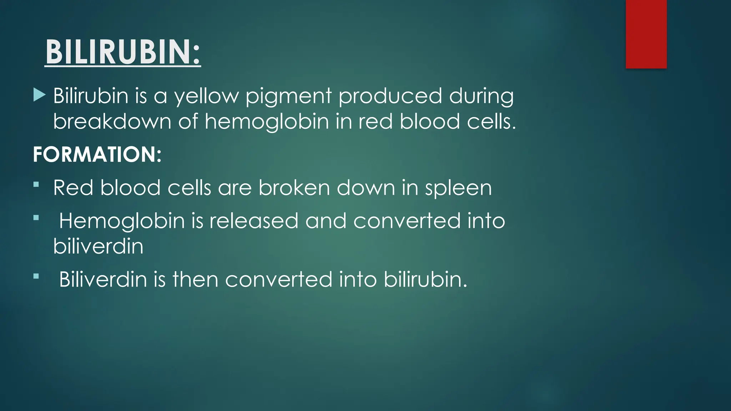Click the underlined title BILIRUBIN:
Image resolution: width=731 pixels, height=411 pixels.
[x=123, y=52]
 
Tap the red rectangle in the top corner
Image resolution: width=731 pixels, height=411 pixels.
[x=646, y=34]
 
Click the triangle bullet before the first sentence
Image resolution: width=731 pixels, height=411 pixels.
[x=39, y=95]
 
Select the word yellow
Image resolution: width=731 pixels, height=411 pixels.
[x=206, y=96]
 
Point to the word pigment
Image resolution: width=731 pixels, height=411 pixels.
[x=288, y=96]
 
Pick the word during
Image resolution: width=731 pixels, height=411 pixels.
[x=481, y=96]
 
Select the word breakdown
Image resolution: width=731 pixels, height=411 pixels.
[x=112, y=121]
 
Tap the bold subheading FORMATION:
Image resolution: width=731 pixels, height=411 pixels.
[x=97, y=154]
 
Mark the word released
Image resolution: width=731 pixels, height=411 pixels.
[x=253, y=220]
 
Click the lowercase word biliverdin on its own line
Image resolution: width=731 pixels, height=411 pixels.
[x=98, y=246]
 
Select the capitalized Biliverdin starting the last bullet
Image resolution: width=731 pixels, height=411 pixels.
[x=103, y=279]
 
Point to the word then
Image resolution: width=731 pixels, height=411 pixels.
[x=195, y=279]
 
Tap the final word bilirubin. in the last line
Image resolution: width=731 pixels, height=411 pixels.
[x=425, y=279]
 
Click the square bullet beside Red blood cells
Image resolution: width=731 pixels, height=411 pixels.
[x=36, y=184]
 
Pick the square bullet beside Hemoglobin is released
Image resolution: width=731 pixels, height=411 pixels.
[x=36, y=217]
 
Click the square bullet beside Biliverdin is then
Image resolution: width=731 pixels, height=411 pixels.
[x=36, y=276]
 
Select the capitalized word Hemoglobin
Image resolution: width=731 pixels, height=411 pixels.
[x=122, y=221]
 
